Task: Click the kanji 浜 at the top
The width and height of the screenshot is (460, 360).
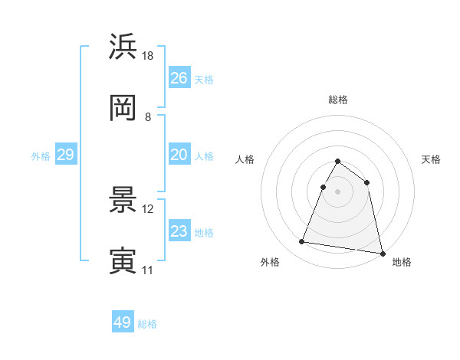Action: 123,47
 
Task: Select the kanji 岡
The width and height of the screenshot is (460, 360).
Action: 123,109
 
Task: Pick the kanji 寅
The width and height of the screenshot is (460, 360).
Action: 123,261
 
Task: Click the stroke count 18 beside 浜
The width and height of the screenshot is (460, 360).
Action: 149,55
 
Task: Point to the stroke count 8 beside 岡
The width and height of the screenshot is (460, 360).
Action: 148,117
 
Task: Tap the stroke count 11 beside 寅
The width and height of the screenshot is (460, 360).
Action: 148,270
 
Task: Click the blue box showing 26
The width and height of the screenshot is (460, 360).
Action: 179,78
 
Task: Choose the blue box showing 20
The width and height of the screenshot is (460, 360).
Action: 179,155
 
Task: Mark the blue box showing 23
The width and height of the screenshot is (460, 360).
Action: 179,231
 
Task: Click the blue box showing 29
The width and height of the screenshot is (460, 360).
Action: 65,155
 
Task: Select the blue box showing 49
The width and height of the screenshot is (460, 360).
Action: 123,322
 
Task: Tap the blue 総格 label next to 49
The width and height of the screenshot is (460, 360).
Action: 147,324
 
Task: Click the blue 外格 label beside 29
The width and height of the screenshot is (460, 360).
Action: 41,156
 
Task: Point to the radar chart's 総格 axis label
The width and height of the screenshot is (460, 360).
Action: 338,100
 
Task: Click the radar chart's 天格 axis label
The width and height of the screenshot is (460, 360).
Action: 432,159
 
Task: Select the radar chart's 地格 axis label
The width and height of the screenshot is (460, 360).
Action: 402,262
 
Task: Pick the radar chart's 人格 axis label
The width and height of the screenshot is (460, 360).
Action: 245,159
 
